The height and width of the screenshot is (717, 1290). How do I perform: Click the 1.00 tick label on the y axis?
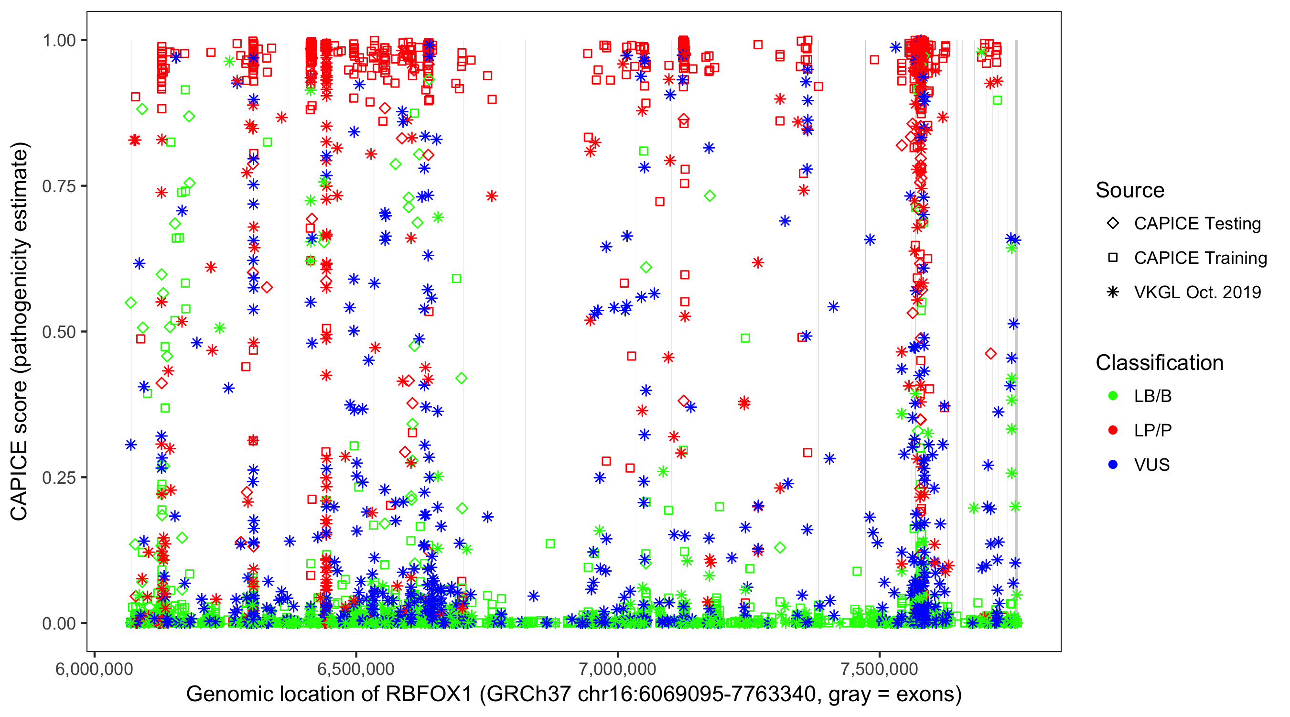59,41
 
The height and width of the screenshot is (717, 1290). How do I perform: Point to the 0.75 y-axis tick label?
59,186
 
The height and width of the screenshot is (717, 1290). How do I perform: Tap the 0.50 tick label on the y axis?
59,332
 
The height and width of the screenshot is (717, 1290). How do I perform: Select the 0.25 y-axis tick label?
59,478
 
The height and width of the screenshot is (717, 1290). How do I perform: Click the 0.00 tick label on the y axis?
59,623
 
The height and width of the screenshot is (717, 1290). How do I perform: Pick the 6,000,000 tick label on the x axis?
94,669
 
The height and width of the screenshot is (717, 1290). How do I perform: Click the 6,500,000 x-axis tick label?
356,669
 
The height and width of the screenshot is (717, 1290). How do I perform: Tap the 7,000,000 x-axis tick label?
617,669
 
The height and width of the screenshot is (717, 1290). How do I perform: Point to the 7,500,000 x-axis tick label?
880,669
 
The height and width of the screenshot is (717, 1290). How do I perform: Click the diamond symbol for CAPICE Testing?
1113,224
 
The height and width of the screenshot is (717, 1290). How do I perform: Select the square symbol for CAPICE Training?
1113,258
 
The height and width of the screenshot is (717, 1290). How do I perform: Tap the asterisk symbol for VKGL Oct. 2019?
1113,292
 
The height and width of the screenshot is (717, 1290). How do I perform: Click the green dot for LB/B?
1113,396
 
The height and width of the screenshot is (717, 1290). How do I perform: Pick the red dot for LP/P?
1113,430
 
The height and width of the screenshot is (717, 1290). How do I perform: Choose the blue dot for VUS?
1113,465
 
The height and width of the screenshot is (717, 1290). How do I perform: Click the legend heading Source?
1130,190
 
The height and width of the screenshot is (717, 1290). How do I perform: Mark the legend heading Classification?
1159,363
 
